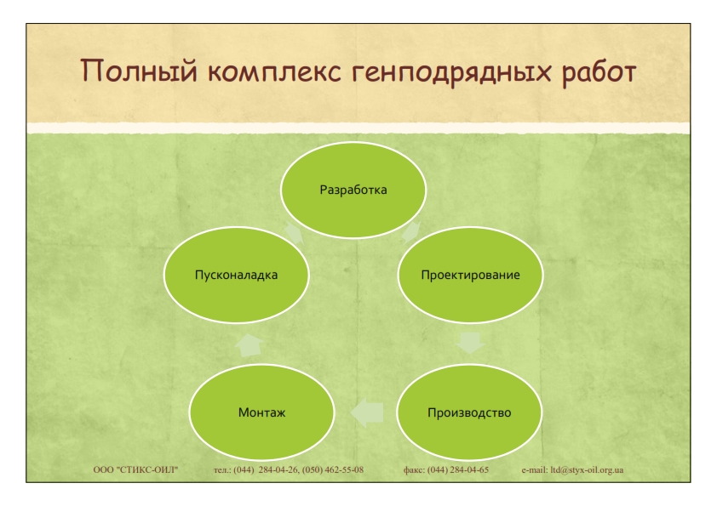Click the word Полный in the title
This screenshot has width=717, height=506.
tap(139, 71)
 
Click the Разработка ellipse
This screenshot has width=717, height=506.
tap(353, 190)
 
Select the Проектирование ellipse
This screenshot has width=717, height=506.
tap(471, 275)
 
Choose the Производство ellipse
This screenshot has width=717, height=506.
tap(469, 412)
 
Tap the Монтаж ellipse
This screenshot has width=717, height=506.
tap(261, 412)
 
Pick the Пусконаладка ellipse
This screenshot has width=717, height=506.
tap(236, 275)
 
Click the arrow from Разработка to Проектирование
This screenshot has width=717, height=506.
tap(411, 232)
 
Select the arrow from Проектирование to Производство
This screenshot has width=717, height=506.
tap(470, 343)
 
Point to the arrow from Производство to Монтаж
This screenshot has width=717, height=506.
tap(367, 412)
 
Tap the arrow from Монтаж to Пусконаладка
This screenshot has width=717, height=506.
tap(250, 345)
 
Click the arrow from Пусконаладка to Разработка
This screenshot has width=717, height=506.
tap(294, 233)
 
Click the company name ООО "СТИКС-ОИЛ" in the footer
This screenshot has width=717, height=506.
tap(135, 470)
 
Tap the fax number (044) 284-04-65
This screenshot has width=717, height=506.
tap(458, 470)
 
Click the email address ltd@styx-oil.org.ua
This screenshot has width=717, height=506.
tap(587, 470)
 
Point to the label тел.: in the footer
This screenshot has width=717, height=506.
tap(223, 470)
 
